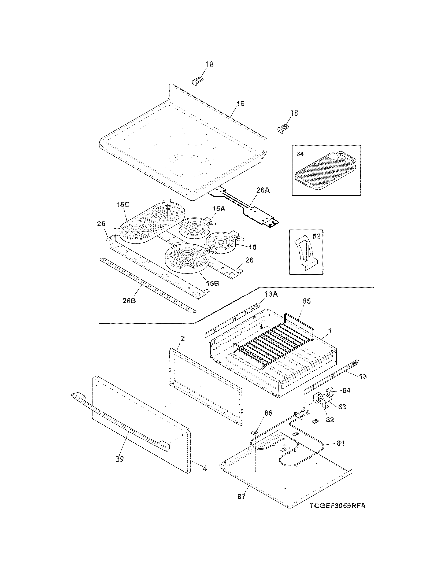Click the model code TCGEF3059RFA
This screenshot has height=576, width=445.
(338, 513)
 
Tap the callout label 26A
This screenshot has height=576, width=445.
(263, 190)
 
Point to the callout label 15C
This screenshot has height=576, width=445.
(123, 204)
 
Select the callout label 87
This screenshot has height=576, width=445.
(241, 496)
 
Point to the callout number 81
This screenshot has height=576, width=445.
(341, 443)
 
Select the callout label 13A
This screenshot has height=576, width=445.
(271, 294)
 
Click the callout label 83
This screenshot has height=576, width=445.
(342, 407)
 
